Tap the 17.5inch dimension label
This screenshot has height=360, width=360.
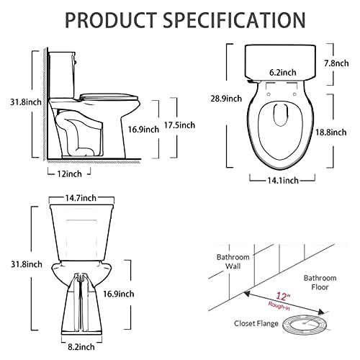point(178,125)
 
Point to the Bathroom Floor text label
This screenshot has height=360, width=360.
point(320,282)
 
